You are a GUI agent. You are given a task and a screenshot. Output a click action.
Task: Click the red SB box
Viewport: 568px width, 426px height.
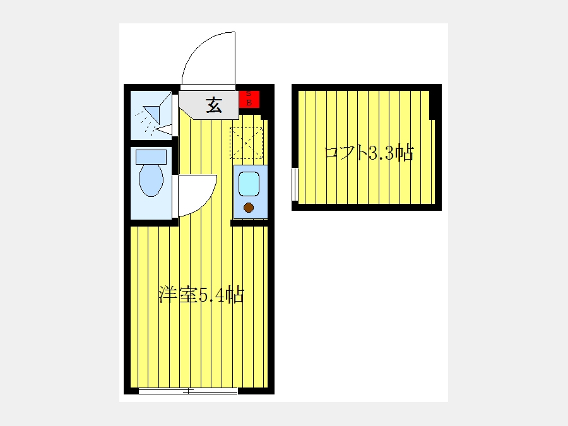[x=249, y=99]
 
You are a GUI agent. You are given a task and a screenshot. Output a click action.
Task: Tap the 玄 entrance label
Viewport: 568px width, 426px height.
[x=214, y=105]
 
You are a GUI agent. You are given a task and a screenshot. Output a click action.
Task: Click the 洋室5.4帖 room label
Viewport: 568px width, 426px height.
[x=201, y=295]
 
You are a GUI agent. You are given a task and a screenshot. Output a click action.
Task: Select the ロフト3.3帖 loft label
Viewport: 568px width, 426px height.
[x=369, y=153]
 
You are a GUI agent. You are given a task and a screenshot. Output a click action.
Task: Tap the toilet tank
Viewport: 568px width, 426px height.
[x=151, y=157]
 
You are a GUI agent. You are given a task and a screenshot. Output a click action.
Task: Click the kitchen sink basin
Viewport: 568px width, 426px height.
[x=249, y=184]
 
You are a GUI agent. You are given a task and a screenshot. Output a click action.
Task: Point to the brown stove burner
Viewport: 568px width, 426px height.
[x=249, y=208]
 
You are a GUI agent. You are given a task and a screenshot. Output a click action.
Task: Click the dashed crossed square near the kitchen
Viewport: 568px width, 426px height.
[x=246, y=143]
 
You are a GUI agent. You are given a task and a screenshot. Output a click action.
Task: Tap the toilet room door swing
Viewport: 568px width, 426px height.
[x=198, y=195]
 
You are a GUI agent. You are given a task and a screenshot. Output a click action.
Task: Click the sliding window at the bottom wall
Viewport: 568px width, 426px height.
[x=188, y=391]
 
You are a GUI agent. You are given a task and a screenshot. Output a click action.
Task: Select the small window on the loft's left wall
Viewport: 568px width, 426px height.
[x=295, y=184]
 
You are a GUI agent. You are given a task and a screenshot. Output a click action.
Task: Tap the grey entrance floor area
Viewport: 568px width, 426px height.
[x=209, y=105]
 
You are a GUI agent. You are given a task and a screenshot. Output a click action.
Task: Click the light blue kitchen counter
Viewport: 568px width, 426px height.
[x=251, y=192]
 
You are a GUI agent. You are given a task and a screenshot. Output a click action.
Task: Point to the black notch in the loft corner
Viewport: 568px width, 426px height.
[x=432, y=105]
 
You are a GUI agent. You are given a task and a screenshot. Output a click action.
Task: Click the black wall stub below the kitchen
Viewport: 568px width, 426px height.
[x=249, y=223]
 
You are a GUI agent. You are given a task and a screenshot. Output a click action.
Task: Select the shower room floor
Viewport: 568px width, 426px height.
[x=151, y=115]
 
